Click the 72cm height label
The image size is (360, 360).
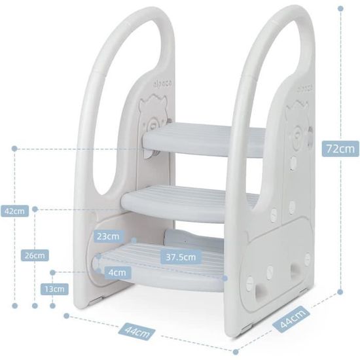click(x=340, y=149)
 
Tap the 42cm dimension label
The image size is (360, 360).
click(x=14, y=211)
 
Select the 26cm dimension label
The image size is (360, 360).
click(x=35, y=255)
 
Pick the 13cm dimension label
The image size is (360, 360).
click(x=54, y=289)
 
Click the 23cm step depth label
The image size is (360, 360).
click(x=108, y=236)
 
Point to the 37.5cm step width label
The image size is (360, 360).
click(x=181, y=257)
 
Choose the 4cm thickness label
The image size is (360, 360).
click(x=118, y=272)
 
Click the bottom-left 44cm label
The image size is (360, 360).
click(x=137, y=332)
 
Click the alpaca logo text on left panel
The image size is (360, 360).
click(x=162, y=84)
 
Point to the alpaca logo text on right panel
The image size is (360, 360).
click(x=305, y=88)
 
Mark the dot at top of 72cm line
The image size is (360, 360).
click(x=340, y=9)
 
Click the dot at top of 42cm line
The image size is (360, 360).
click(x=14, y=149)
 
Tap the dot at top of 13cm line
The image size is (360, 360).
click(x=52, y=272)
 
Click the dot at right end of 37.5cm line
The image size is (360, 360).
click(x=225, y=278)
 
